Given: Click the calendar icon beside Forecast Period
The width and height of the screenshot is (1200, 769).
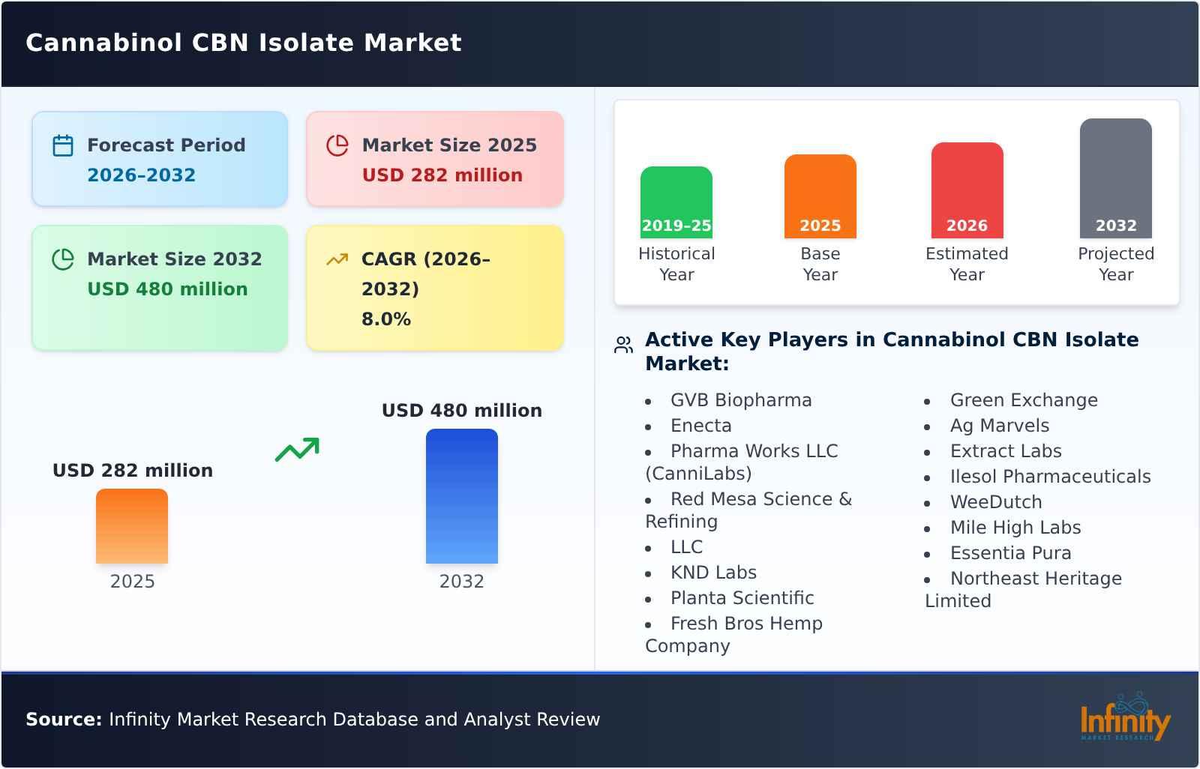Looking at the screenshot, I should (63, 145).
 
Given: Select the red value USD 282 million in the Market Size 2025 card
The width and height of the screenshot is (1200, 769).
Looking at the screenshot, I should (442, 175).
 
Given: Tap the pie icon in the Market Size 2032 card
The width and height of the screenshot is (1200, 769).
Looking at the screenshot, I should (63, 259).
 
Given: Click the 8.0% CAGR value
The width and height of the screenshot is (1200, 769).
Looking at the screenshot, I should (385, 319).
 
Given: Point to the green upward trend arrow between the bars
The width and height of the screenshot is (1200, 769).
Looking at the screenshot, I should (297, 450).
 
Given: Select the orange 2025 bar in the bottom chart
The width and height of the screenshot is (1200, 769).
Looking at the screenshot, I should (132, 526).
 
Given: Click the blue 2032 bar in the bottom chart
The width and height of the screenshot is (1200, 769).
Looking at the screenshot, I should (461, 496).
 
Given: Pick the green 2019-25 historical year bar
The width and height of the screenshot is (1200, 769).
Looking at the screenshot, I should (676, 202).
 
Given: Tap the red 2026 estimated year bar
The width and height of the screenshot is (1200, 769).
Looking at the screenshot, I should (967, 190).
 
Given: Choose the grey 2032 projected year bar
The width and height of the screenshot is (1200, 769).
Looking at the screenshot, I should (1115, 178).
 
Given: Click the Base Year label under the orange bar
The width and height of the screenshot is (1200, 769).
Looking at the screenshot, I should (820, 264).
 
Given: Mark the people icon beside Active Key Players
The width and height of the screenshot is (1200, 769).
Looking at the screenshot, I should (623, 345).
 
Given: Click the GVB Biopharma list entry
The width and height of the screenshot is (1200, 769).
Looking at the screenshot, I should (740, 400).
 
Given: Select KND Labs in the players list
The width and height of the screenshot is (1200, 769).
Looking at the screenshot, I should (712, 573).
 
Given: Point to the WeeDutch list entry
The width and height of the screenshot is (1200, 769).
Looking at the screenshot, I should (995, 502).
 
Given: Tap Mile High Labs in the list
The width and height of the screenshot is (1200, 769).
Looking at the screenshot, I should (1015, 528).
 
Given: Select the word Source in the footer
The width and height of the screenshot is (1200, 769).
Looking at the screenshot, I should (63, 720).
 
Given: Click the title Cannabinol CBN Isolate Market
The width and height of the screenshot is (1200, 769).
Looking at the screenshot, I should (244, 43).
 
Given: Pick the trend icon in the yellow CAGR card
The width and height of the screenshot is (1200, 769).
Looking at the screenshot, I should (337, 259).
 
